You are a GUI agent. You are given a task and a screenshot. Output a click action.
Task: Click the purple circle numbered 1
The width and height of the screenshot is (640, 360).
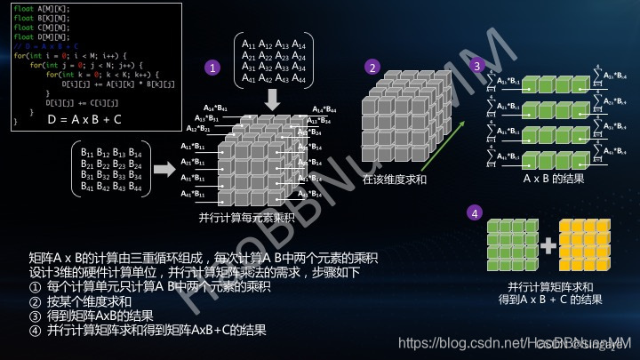(x=212, y=67)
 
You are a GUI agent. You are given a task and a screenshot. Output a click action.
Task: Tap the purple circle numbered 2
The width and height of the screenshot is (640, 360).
(x=373, y=67)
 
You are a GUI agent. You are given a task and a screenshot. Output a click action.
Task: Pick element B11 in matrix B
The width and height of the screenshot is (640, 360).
(x=87, y=153)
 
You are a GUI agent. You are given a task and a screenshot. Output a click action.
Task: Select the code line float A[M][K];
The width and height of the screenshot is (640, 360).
(x=36, y=10)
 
